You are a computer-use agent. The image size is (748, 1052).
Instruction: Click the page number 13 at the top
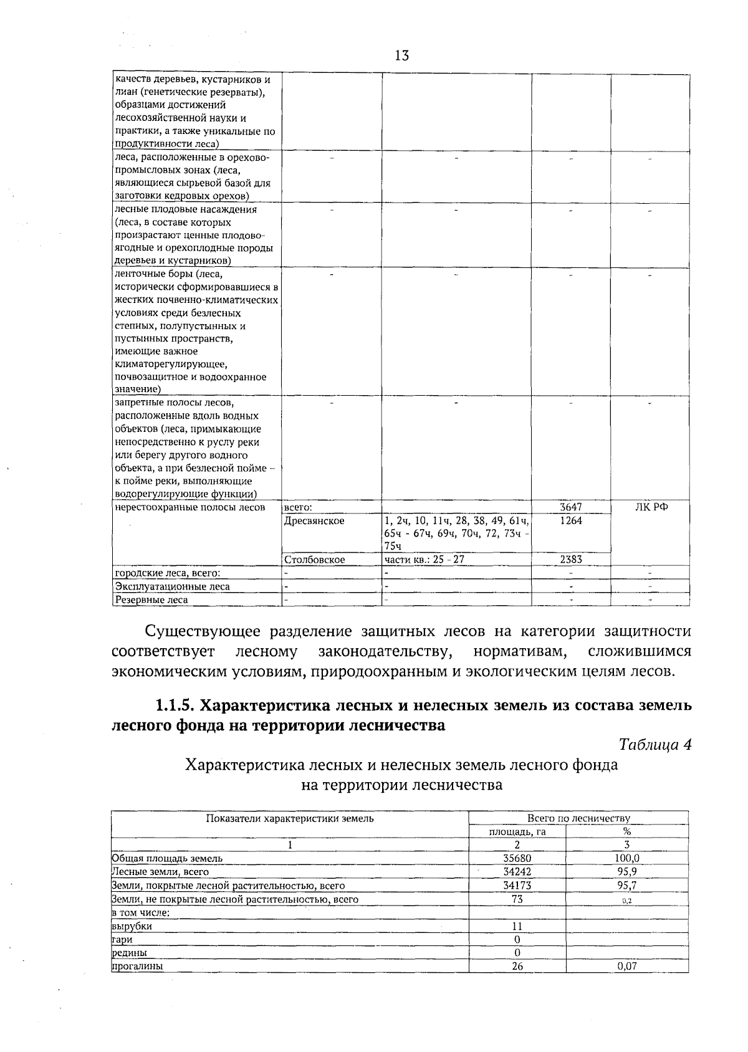point(401,55)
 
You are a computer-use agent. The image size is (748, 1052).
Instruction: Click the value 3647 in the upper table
point(570,507)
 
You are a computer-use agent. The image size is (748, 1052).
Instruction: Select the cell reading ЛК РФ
point(651,507)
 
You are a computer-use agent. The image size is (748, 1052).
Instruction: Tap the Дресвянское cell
point(314,521)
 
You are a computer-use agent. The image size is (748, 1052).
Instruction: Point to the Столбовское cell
point(315,560)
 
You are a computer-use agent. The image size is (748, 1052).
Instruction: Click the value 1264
point(570,521)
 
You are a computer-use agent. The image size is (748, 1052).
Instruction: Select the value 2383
point(570,560)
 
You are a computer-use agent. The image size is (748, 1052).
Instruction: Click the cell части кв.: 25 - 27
point(424,560)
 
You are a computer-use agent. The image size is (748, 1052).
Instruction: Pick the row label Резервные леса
point(151,600)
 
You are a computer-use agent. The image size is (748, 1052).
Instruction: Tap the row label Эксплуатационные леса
point(172,586)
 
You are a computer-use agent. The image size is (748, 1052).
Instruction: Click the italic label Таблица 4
point(654,745)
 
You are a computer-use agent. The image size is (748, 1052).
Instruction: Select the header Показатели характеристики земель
point(289,818)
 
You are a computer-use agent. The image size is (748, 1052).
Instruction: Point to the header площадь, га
point(517,832)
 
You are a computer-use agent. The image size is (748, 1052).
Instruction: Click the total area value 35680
point(517,859)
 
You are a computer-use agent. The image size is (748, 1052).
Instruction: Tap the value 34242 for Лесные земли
point(517,872)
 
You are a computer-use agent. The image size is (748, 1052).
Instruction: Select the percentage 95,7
point(626,886)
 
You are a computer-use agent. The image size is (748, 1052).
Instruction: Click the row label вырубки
point(132,926)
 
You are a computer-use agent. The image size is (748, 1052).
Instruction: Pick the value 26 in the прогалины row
point(517,967)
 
